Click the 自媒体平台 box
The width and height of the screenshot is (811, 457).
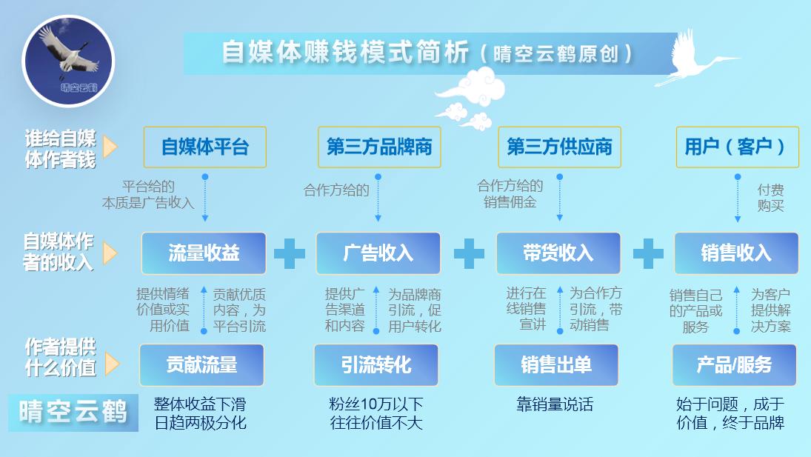point(205,147)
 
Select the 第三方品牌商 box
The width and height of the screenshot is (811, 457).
point(379,147)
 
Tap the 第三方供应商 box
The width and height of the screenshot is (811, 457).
point(559,147)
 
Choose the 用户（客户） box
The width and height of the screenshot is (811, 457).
point(737,147)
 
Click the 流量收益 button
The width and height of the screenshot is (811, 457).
point(204,253)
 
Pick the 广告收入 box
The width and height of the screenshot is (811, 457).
point(378,253)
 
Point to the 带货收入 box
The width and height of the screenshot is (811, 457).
point(558,253)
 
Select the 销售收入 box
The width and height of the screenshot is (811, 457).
point(736,253)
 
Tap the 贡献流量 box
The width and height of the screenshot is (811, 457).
point(201,365)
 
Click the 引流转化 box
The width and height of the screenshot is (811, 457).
point(376,365)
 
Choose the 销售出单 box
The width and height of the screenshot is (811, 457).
point(556,365)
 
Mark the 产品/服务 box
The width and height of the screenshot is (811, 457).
point(734,365)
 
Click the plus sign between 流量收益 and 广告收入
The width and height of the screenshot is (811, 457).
point(290,253)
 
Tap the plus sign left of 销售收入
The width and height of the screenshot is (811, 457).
point(648,253)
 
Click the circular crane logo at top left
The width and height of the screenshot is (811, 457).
point(67,61)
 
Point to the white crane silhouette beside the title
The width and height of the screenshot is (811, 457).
point(695,58)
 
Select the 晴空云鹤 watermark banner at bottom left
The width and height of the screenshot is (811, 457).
point(73,413)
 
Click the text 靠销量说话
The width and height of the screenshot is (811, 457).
point(555,404)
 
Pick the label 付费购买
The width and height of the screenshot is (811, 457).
point(771,198)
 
